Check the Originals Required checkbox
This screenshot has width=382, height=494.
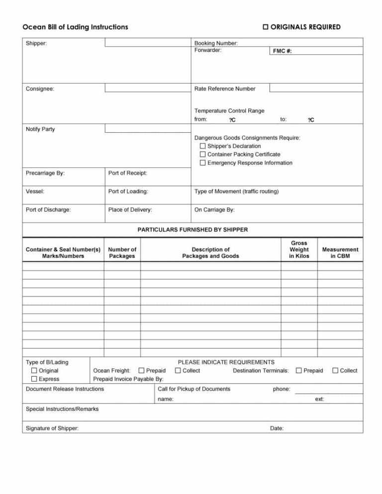pos(266,27)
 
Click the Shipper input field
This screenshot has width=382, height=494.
pos(148,43)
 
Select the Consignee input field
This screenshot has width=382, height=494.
pos(148,88)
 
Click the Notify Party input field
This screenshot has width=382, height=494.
pos(148,129)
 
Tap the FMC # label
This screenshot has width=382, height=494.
pos(282,51)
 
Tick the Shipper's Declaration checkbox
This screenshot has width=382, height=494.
pos(202,146)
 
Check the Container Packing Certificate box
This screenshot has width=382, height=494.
pos(202,155)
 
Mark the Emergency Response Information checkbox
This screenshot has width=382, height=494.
pos(202,163)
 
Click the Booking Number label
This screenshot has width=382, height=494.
pos(216,43)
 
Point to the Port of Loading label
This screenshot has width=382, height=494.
pos(128,191)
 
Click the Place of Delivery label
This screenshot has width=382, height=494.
pos(130,210)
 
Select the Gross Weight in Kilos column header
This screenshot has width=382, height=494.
pos(299,249)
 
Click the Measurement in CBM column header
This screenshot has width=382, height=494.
pos(340,252)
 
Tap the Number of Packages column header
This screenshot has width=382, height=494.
pos(122,252)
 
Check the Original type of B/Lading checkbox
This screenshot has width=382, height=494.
pos(34,371)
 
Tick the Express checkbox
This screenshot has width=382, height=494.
pos(34,379)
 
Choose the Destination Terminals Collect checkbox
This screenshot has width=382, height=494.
pos(335,371)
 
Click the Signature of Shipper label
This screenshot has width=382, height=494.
pos(52,428)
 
